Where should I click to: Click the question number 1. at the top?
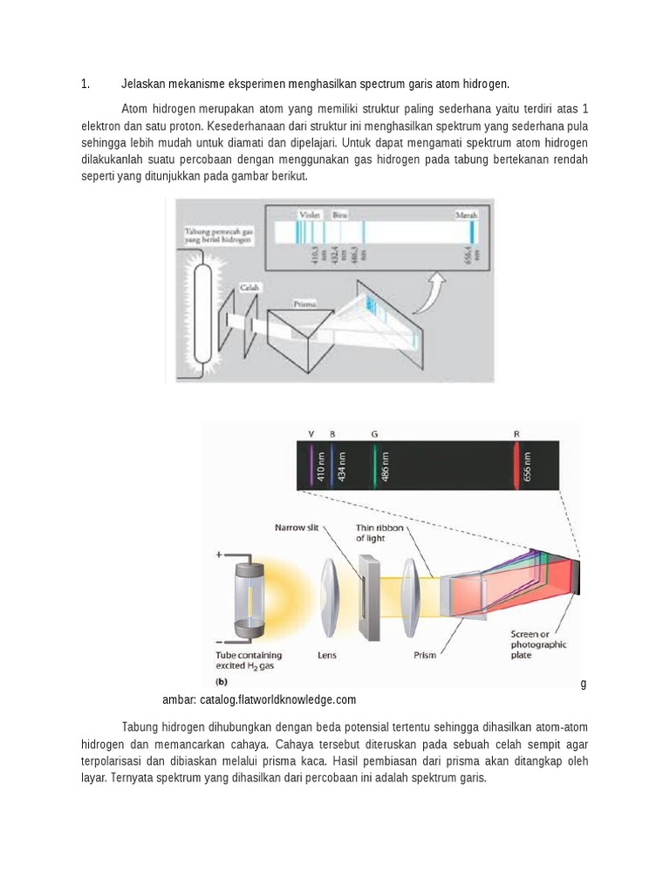coord(85,84)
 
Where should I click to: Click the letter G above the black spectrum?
coord(374,433)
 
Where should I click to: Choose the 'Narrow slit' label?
coord(302,528)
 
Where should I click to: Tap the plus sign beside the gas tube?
coord(219,555)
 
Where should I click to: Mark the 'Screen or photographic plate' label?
coord(539,644)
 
